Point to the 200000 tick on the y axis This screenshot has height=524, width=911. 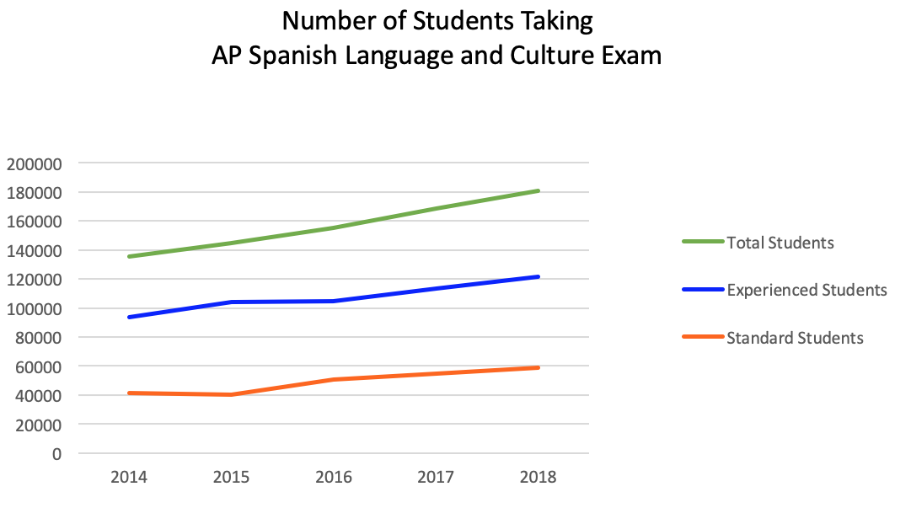pos(34,163)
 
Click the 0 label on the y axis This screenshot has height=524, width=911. pos(57,454)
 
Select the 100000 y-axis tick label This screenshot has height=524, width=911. pos(34,308)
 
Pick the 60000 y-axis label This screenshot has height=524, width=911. pos(38,367)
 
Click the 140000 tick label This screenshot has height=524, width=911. pos(34,251)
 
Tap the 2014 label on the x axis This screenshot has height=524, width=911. pos(129,478)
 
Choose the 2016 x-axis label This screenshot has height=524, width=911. pos(334,478)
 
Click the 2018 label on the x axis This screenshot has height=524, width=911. pos(539,478)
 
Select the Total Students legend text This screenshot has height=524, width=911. pos(780,243)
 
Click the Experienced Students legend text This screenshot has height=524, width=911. pos(807,290)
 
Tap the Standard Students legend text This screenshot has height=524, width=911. pos(795,338)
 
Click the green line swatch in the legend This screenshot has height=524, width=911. pos(703,242)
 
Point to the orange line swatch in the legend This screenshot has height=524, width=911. pos(703,337)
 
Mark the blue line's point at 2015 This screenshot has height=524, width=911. pos(232,302)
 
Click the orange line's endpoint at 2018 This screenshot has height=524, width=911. pos(539,367)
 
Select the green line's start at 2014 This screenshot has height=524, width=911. pos(129,256)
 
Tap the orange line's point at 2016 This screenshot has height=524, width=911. pos(334,379)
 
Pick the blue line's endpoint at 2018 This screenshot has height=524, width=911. pos(539,276)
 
